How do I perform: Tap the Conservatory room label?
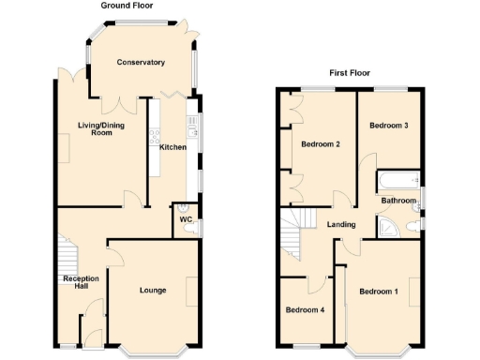[141, 63]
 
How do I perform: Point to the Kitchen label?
[172, 147]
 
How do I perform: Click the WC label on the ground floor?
[186, 219]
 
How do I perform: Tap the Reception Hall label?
[81, 284]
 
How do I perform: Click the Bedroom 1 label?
[379, 292]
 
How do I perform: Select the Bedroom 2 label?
[320, 144]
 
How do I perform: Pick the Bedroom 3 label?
[388, 126]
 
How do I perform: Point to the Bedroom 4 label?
[305, 310]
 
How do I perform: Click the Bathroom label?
[397, 201]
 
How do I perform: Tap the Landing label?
[341, 224]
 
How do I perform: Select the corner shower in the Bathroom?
[387, 227]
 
